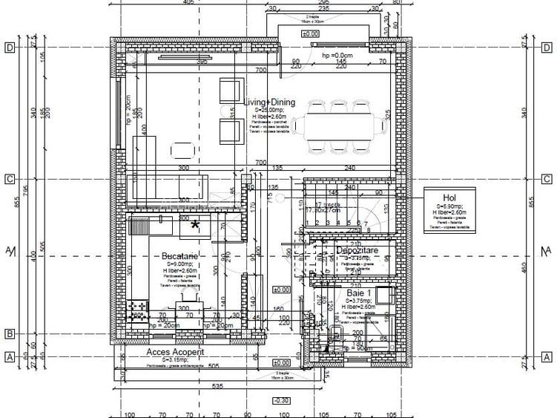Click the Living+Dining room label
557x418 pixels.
coord(269,102)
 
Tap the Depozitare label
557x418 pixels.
coord(357,251)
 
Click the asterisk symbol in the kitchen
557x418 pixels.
coord(196,226)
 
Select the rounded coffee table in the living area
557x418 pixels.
coord(183,151)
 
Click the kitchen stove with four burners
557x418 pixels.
coord(138,311)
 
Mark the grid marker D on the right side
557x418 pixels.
coord(546,48)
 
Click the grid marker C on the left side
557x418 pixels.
coord(10,179)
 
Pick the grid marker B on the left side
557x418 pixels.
coord(10,334)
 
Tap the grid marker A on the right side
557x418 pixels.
coord(546,357)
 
